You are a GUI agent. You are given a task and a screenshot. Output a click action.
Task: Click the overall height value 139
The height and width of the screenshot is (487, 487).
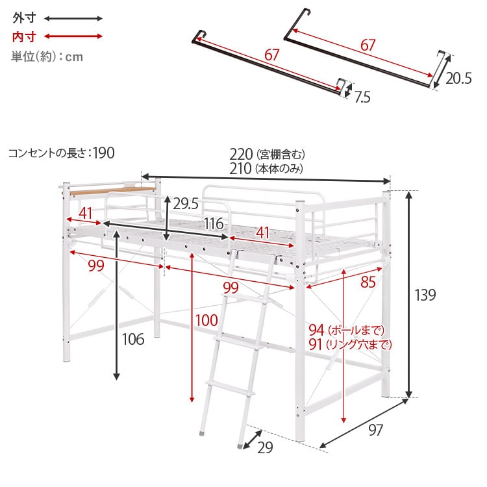coord(425,295)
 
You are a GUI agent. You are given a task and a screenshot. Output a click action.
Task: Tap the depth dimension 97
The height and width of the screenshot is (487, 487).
coord(376,430)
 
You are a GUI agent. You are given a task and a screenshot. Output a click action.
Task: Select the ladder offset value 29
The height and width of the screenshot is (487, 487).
coord(265,447)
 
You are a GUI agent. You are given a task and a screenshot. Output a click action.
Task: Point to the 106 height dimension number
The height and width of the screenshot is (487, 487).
coord(133,339)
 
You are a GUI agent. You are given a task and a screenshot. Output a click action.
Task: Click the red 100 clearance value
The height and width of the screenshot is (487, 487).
coord(206,320)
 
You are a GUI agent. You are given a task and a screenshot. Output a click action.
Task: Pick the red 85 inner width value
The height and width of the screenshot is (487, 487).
coord(368,282)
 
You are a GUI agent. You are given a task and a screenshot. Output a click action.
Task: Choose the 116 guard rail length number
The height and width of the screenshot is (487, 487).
coord(214,223)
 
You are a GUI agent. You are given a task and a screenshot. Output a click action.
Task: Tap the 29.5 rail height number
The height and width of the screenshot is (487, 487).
coord(186,204)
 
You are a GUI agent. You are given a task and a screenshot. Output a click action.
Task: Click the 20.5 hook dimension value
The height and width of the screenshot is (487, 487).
coord(458,79)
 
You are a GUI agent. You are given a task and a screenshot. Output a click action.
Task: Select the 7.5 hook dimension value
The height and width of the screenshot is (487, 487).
coord(362,97)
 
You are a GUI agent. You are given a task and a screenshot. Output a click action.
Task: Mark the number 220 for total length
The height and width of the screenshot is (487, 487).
coord(241,154)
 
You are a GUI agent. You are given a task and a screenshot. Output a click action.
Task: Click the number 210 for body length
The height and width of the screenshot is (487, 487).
coord(240,169)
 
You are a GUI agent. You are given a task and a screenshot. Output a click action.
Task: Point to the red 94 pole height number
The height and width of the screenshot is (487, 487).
coord(316,330)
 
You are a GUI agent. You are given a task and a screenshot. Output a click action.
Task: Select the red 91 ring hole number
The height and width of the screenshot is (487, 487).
coord(316,344)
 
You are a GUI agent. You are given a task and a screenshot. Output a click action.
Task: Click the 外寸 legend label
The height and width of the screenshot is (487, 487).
coord(24,18)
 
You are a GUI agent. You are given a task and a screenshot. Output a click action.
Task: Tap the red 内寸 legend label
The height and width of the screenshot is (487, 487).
coord(24,37)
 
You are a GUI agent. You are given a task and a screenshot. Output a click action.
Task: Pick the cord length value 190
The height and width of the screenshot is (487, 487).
coord(104,153)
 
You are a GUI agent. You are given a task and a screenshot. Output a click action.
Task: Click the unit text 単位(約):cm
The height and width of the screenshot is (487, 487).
coord(47,56)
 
